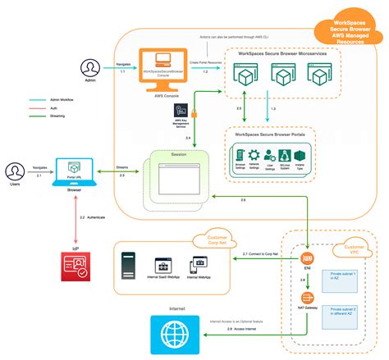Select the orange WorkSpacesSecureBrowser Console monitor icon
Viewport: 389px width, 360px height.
coord(162,66)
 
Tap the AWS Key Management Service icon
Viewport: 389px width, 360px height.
coord(181,110)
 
